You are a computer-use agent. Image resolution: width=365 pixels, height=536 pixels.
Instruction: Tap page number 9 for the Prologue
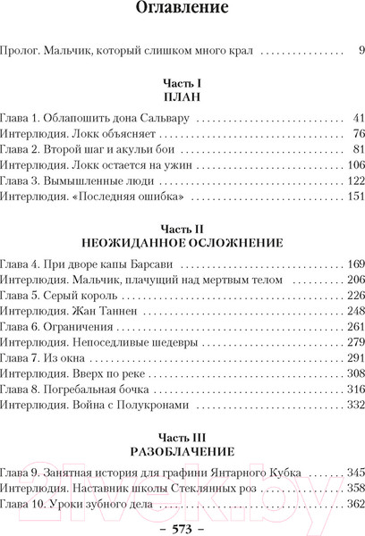click(x=360, y=51)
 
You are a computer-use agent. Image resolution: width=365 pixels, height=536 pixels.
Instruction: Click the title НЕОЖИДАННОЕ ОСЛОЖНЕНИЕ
click(x=182, y=241)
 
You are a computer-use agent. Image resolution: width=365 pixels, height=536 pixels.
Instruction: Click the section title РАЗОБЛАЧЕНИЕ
click(x=182, y=452)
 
